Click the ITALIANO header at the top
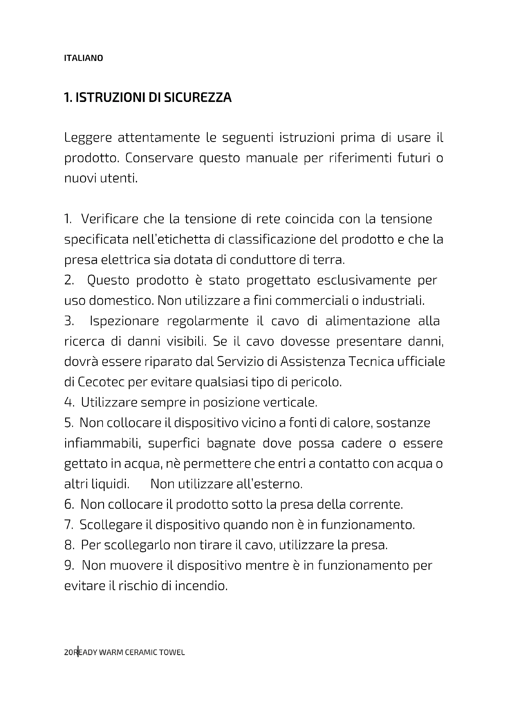(x=83, y=58)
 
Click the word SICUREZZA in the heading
(x=198, y=98)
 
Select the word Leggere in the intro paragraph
(x=88, y=138)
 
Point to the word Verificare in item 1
(x=110, y=219)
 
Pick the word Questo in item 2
(x=108, y=280)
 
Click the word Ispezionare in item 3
(x=124, y=321)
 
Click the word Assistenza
(x=313, y=362)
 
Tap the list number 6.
(x=68, y=504)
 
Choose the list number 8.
(x=69, y=545)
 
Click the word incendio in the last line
(x=201, y=586)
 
